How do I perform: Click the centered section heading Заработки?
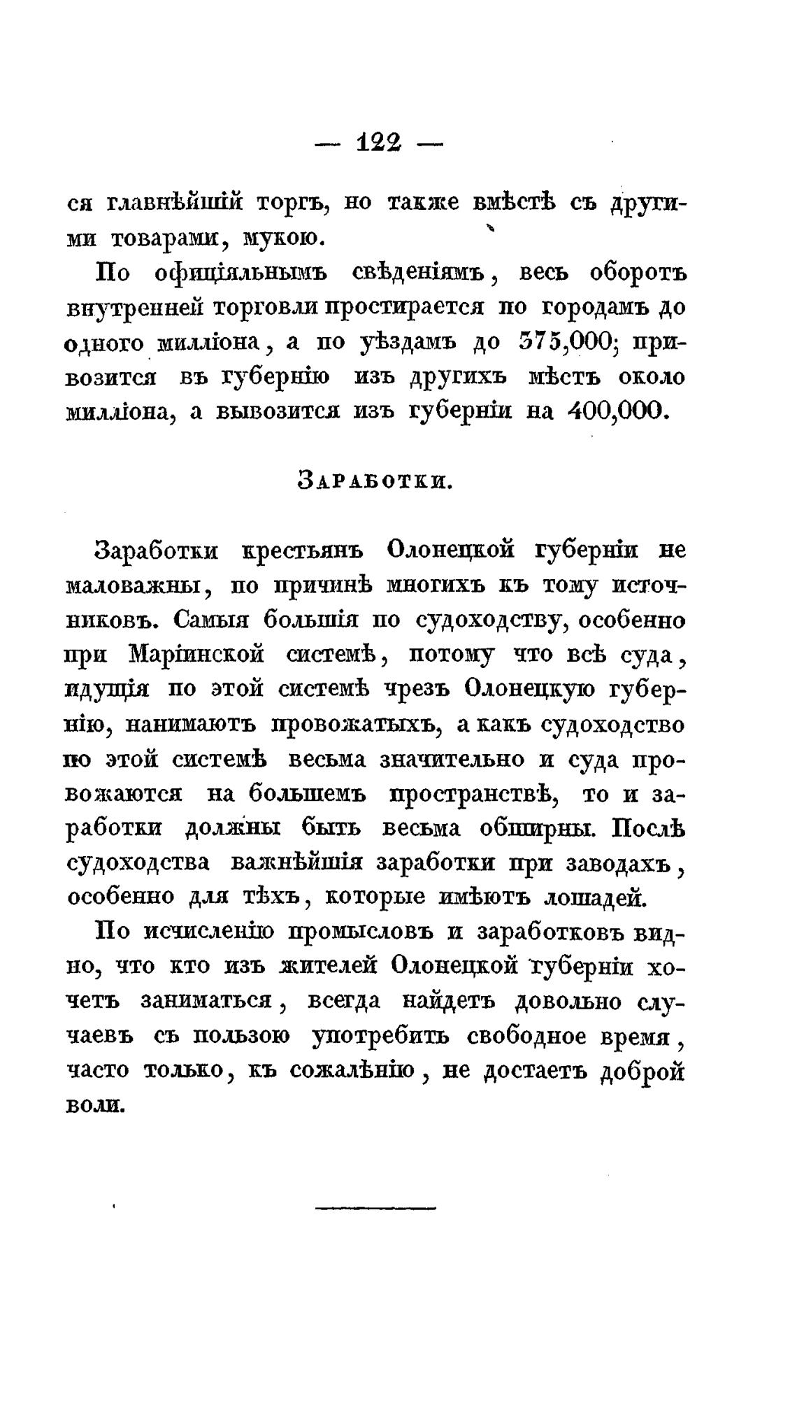click(376, 480)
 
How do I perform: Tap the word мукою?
click(281, 240)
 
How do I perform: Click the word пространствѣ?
click(471, 795)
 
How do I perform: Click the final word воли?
click(95, 1105)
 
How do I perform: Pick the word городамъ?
click(598, 308)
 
